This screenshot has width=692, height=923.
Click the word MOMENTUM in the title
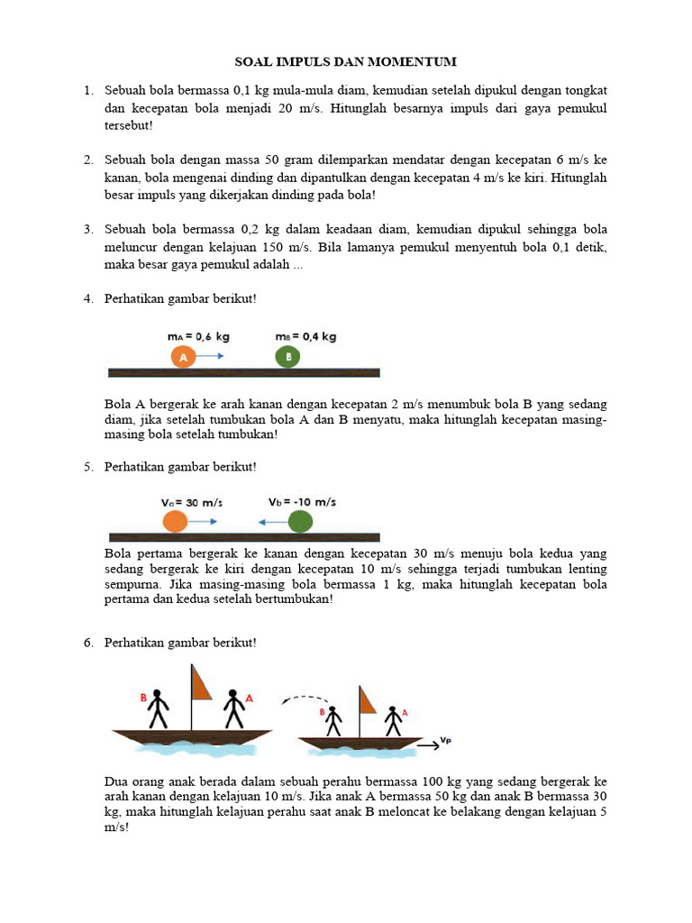[413, 61]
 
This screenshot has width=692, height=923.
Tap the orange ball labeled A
[183, 357]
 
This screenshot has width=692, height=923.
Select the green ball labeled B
[288, 357]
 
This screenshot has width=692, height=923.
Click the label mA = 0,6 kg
[198, 336]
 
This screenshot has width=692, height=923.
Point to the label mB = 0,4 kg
[305, 336]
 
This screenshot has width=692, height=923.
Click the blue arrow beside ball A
[211, 357]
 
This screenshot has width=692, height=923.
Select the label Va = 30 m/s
[193, 502]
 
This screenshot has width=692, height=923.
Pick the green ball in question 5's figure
[300, 521]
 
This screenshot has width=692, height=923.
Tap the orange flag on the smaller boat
[368, 700]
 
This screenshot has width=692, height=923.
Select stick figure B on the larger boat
[159, 708]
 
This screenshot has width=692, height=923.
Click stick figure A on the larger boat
[233, 708]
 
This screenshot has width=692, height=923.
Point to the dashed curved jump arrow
[304, 699]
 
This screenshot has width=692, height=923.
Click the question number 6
[88, 642]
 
